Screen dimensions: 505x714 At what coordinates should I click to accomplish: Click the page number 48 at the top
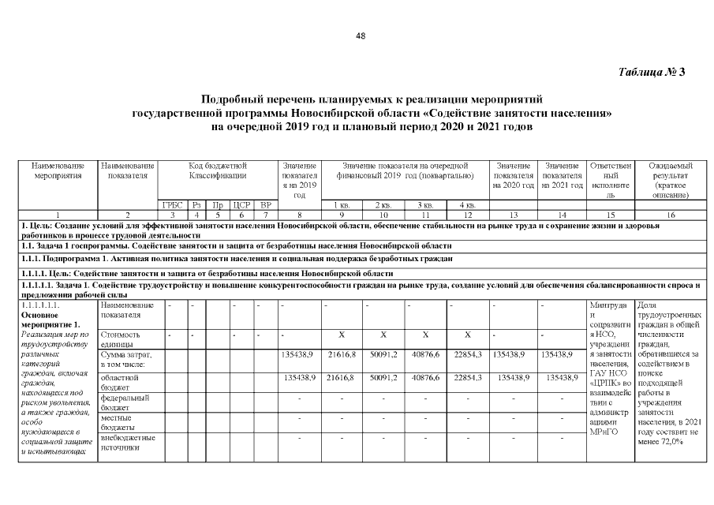point(361,36)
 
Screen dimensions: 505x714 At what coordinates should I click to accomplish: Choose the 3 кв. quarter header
point(424,204)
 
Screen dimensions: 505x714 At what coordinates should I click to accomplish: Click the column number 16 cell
point(669,215)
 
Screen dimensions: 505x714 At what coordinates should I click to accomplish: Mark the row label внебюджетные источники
point(125,443)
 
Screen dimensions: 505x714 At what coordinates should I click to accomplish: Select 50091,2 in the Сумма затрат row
point(383,356)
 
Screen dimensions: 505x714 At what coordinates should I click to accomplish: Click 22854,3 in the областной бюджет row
point(468,378)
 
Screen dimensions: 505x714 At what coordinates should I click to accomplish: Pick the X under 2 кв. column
point(383,335)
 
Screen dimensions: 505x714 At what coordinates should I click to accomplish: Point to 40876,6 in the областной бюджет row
point(424,378)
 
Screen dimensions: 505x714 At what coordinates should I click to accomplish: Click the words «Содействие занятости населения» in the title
point(531,114)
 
